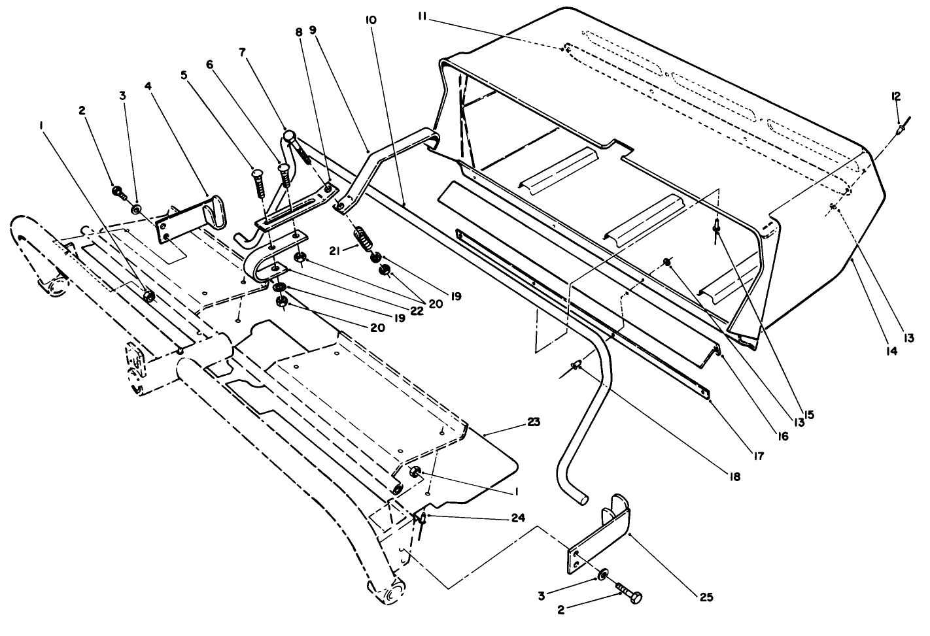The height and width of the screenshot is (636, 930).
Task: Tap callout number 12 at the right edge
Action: tap(895, 96)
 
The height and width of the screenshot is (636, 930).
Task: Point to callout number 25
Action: tap(705, 597)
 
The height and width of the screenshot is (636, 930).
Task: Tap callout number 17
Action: tap(757, 456)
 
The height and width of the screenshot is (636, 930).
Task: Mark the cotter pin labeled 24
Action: tap(422, 518)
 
